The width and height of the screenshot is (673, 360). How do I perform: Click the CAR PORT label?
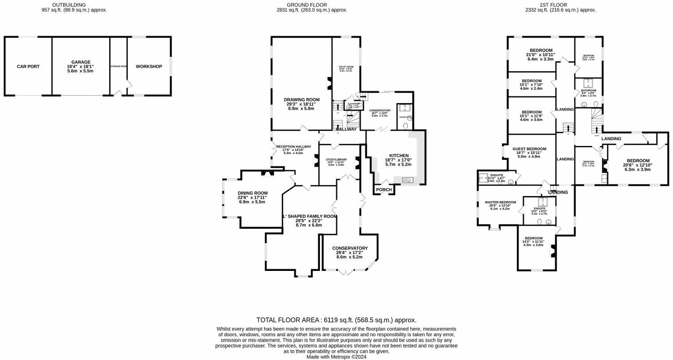[x=28, y=66]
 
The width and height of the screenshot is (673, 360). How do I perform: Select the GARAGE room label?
[x=81, y=62]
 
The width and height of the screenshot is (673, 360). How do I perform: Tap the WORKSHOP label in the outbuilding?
[x=149, y=66]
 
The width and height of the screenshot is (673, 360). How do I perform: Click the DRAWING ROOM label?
[x=302, y=99]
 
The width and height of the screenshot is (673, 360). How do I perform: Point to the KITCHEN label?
[x=399, y=155]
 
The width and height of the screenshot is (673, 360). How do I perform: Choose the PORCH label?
[x=384, y=190]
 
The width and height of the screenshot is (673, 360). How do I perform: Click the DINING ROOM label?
[x=252, y=193]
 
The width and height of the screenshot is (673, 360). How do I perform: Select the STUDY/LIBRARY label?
[x=336, y=159]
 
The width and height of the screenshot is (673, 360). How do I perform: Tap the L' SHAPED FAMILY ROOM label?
[x=310, y=216]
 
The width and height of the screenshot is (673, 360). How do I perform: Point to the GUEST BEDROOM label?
[x=529, y=149]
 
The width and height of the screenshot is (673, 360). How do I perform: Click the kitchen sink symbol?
[x=407, y=180]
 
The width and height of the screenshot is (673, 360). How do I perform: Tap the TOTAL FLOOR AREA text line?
[x=336, y=320]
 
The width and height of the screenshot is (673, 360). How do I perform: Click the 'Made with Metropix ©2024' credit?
[x=336, y=357]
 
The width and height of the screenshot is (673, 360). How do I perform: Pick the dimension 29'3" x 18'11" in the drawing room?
[x=302, y=104]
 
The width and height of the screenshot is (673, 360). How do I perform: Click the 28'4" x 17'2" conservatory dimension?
[x=350, y=253]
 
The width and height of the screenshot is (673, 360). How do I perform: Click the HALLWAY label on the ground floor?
[x=346, y=129]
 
